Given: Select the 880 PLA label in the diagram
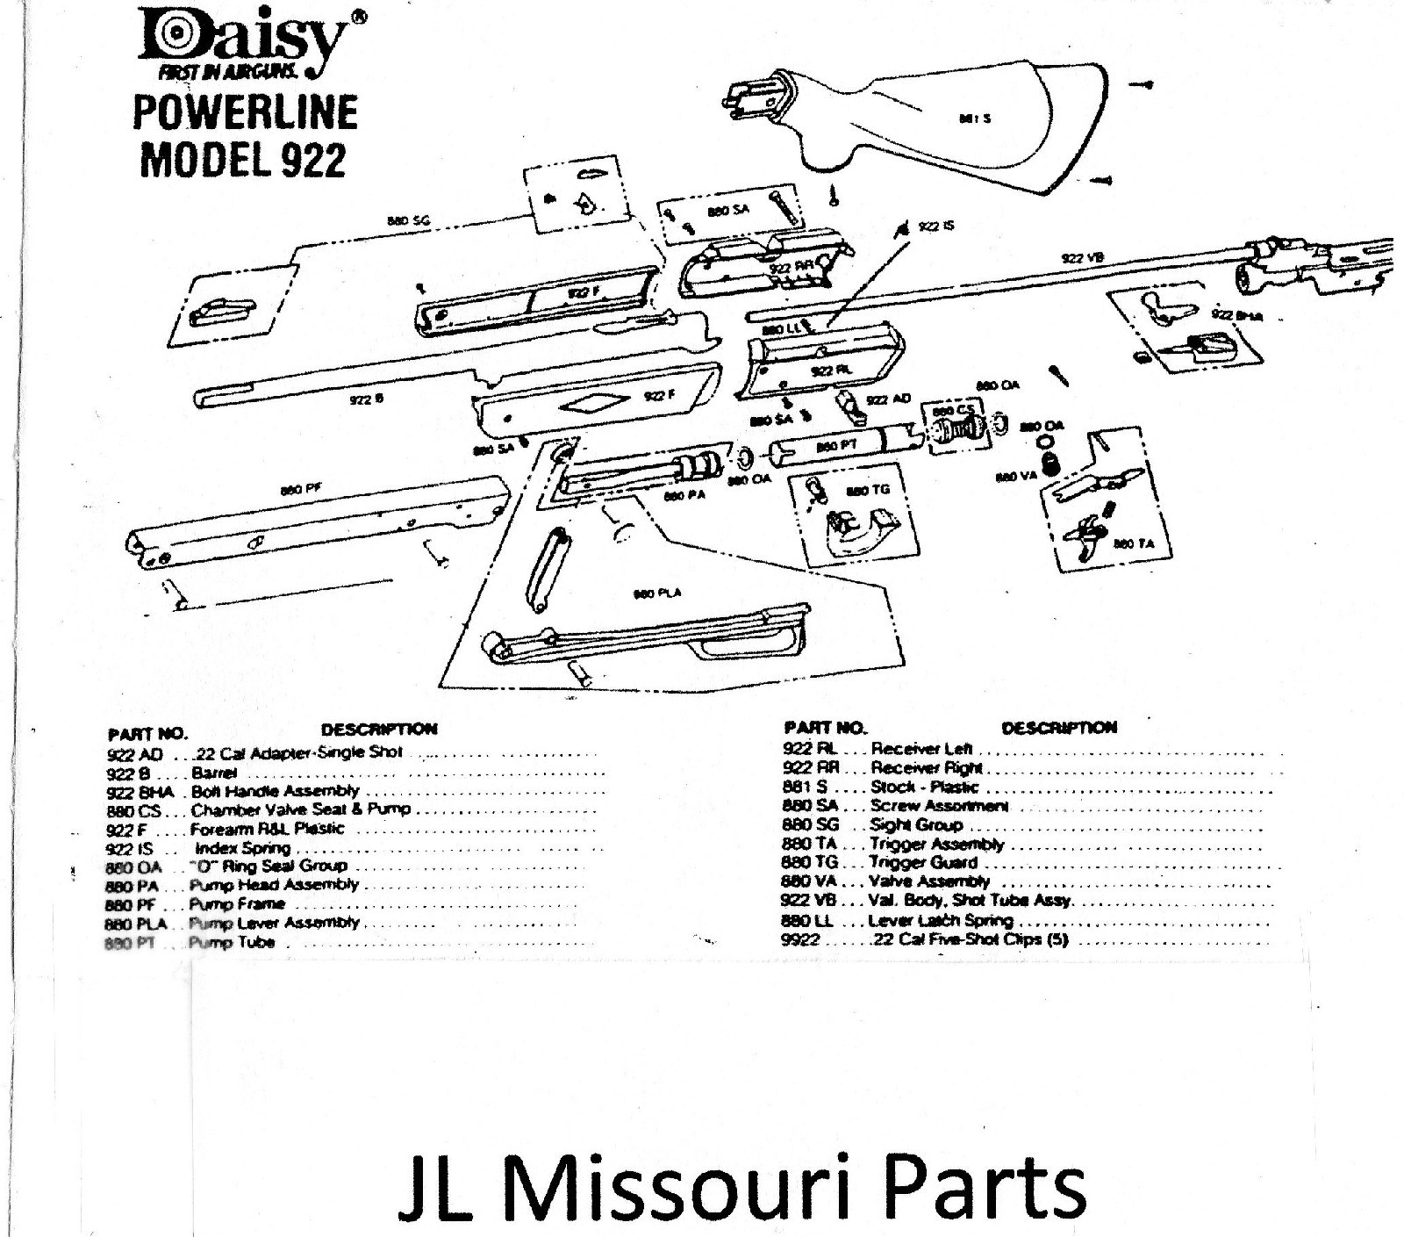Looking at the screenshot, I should tap(657, 594).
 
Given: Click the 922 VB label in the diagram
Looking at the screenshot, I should tap(1082, 258).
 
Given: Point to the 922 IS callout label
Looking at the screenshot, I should tap(936, 227).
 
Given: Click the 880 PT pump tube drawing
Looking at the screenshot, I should tap(829, 446).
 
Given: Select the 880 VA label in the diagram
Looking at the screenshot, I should tap(1016, 477).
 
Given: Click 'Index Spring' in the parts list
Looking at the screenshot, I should tap(242, 848).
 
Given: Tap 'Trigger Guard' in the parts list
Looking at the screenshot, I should tap(923, 862).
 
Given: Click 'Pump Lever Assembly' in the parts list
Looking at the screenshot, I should tap(275, 923).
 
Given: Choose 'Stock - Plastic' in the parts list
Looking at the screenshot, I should tap(923, 788).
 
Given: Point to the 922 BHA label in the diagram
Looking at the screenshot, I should tap(1236, 315).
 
